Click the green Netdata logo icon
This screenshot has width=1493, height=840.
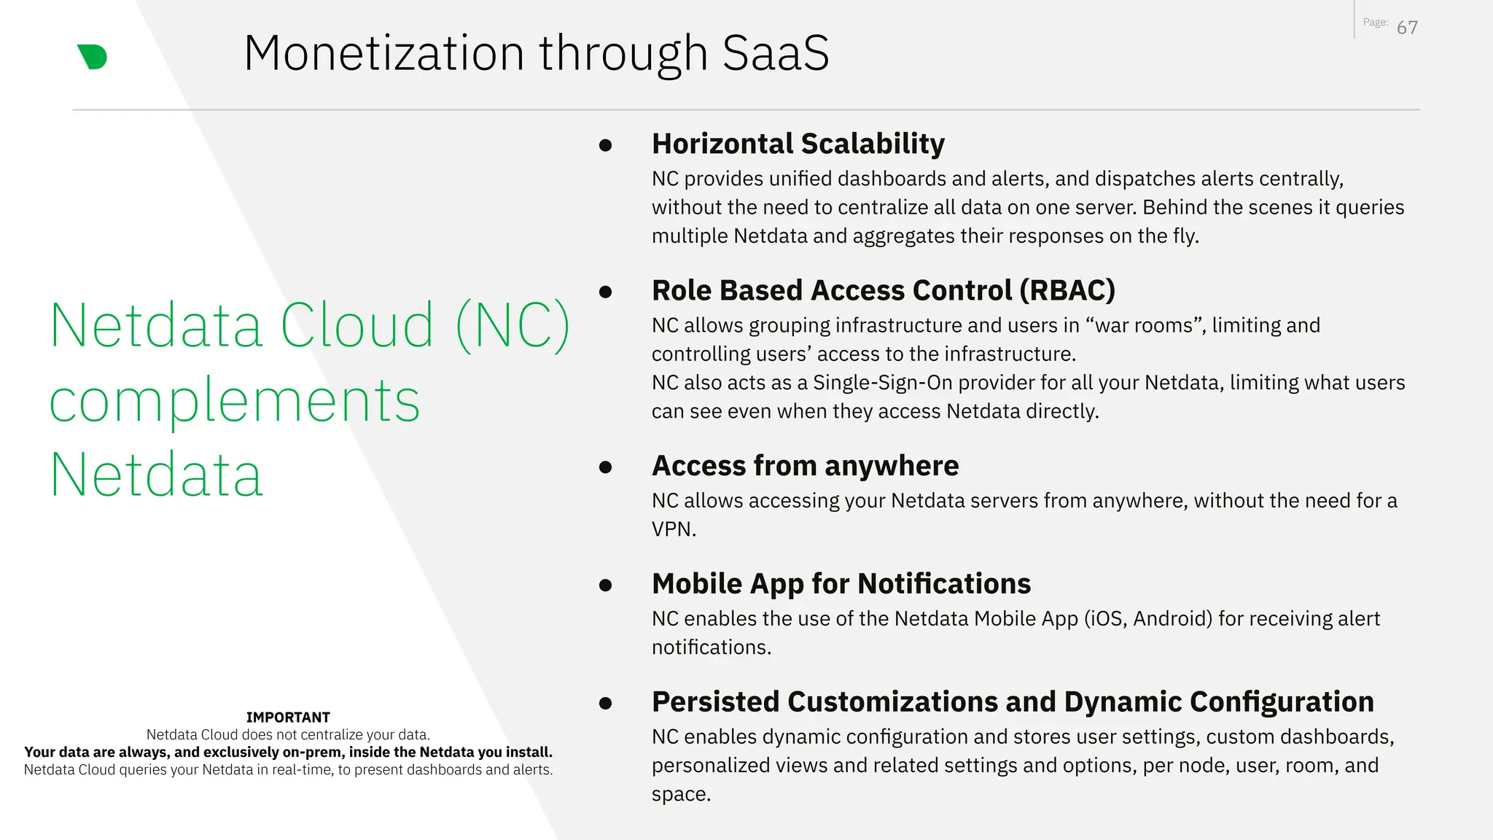coord(93,57)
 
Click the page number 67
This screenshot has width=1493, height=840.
coord(1407,28)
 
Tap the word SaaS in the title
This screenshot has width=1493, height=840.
coord(776,53)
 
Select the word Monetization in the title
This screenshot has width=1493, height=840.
coord(383,53)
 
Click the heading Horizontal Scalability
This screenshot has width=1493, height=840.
coord(798,144)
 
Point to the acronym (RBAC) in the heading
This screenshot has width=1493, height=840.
coord(1067,290)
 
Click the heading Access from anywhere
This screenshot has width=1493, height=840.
coord(805,466)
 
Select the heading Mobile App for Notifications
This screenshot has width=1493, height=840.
coord(841,584)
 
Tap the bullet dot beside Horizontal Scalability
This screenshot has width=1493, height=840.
coord(605,145)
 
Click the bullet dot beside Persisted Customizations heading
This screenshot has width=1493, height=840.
coord(605,703)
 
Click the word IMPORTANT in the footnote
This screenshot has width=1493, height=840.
coord(288,717)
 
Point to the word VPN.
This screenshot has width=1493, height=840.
coord(673,529)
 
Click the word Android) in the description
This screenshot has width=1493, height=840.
coord(1172,619)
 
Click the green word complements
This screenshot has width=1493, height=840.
coord(234,401)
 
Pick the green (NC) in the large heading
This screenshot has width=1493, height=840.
coord(512,326)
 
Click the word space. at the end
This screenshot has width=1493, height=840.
coord(681,794)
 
